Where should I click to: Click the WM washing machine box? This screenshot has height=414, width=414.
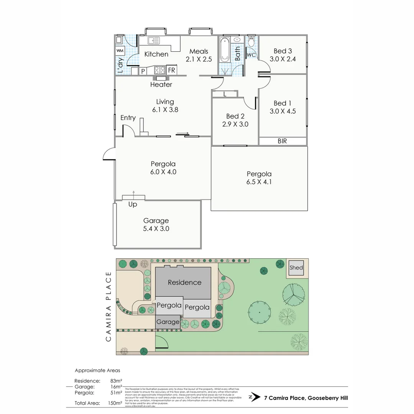pos(120,51)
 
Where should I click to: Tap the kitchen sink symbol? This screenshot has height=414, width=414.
pos(155,39)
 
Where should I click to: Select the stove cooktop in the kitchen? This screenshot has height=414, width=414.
pos(159,70)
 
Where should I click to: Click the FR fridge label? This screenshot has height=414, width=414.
pos(171,71)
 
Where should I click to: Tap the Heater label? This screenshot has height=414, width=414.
pos(161,84)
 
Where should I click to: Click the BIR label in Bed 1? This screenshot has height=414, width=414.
pos(282,141)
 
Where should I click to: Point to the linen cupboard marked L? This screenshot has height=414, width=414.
pos(225,94)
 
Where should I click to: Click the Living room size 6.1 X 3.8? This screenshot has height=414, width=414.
pos(165,109)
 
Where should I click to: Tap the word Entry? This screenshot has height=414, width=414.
pos(128,118)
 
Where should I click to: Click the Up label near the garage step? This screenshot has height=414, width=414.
pos(133,204)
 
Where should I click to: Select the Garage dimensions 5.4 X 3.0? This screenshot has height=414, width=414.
pos(156,229)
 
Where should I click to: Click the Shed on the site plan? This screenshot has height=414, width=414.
pos(296,268)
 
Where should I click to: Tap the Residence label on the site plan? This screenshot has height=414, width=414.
pos(184,283)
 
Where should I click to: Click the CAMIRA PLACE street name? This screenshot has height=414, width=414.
pos(108,306)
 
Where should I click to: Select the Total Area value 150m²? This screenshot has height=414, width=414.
pos(115,403)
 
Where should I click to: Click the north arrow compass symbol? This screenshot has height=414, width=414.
pos(252,398)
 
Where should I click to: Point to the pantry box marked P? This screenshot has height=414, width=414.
pos(143,71)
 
